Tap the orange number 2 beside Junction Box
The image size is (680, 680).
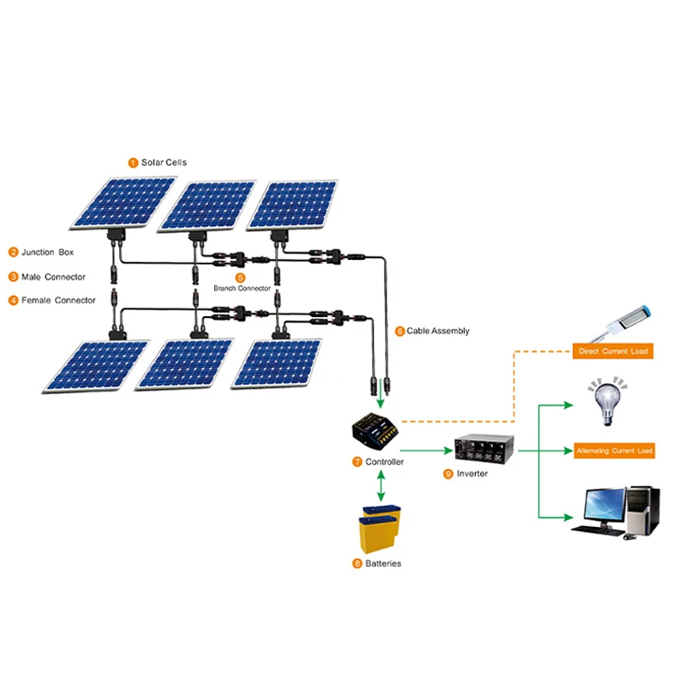14,252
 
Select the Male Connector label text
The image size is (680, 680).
54,276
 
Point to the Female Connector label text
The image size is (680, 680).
58,300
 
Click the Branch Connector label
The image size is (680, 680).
241,288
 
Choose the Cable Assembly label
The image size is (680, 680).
438,331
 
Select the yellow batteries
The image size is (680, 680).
380,530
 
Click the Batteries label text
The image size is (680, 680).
383,564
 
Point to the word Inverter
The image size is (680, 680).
473,473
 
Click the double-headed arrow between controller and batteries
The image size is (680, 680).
380,486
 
